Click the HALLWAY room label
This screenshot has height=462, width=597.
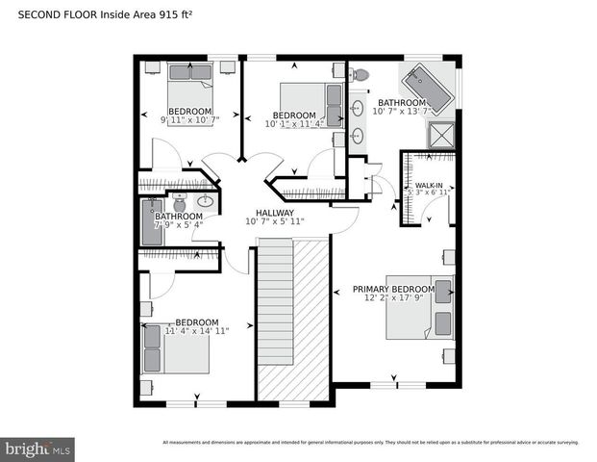coord(274,213)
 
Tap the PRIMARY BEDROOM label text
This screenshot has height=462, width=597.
coord(393,289)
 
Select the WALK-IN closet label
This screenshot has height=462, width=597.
coord(428,185)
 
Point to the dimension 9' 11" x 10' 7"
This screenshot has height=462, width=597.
coord(189,120)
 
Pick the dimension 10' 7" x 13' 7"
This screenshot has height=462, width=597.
coord(401,112)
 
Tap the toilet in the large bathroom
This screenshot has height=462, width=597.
coord(361,74)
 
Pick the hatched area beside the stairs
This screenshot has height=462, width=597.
coord(311,318)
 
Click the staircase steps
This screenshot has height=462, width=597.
coord(275,318)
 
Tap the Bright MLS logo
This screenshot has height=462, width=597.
coord(38,449)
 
